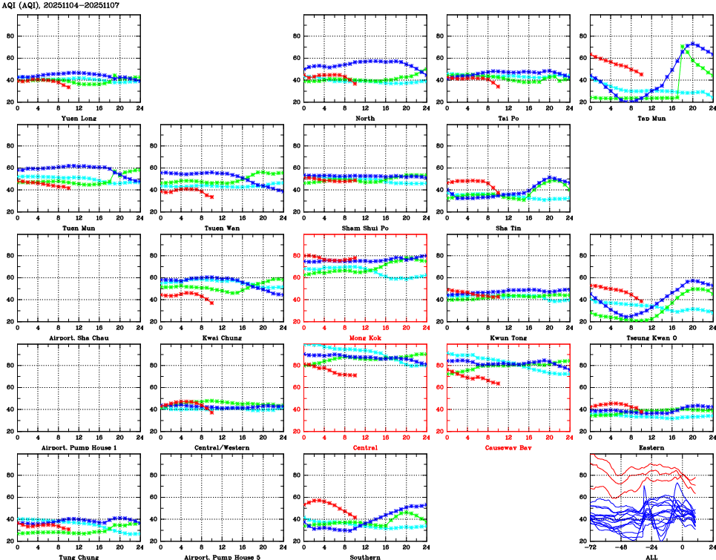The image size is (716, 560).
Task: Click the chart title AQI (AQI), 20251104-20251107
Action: coord(61,5)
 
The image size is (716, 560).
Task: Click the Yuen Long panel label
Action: coord(79,118)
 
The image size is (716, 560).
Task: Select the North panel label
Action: coord(365,118)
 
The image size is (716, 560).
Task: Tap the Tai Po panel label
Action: coord(508,118)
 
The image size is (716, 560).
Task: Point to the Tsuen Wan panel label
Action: coord(222,228)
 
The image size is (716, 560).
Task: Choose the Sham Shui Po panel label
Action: coord(365,228)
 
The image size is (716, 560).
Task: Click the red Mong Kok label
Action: coord(365,337)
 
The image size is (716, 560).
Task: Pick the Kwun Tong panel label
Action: coord(508,337)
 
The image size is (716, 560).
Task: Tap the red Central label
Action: coord(365,447)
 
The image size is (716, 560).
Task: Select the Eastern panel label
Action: coord(651,447)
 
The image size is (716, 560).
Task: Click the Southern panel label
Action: coord(365,556)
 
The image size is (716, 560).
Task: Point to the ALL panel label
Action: coord(651,556)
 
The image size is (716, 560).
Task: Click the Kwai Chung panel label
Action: coord(222,337)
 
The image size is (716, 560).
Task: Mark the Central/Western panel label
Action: coord(222,447)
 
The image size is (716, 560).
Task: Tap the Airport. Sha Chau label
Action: coord(79,337)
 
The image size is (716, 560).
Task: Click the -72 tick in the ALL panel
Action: coord(591,547)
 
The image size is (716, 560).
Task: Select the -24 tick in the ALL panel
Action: coord(652,547)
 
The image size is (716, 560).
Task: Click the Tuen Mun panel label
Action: coord(79,228)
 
